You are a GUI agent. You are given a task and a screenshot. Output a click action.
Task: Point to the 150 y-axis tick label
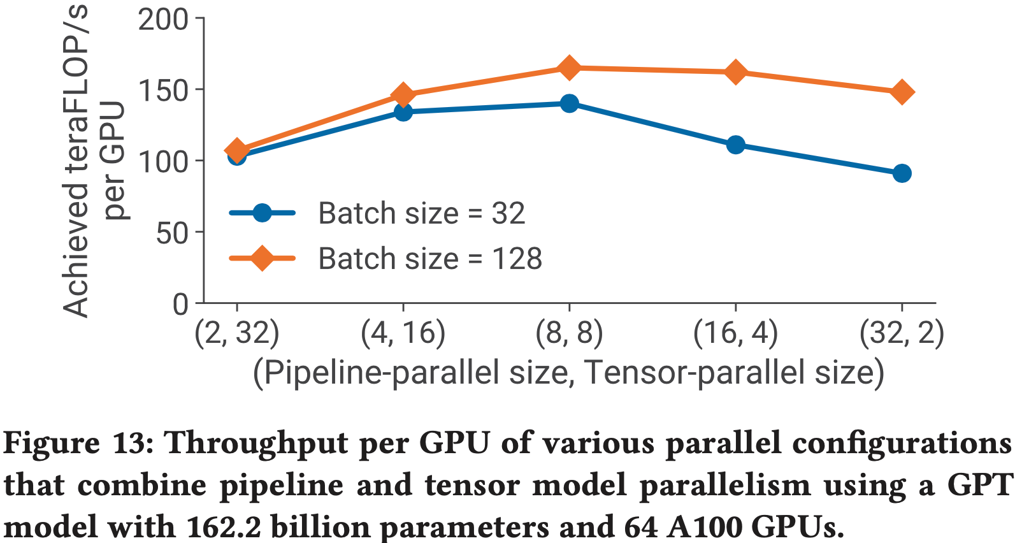[163, 90]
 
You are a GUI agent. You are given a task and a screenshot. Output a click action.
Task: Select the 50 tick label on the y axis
[172, 233]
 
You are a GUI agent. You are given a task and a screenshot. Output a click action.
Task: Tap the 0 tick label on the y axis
[181, 305]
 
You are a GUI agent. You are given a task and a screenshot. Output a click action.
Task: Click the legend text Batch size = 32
[421, 214]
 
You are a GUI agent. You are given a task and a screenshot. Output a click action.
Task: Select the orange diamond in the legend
[262, 258]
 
